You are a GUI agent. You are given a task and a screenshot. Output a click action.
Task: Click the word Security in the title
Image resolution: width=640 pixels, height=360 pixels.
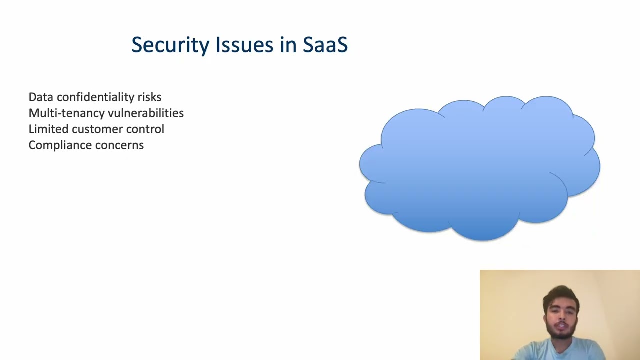(x=170, y=45)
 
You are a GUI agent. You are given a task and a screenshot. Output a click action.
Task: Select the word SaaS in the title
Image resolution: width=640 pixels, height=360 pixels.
(x=325, y=45)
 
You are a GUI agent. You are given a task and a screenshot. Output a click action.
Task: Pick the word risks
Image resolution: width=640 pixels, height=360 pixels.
(x=149, y=97)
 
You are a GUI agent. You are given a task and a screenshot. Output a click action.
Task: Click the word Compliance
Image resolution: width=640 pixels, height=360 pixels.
(x=54, y=145)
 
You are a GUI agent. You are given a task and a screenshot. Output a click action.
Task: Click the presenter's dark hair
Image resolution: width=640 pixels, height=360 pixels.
(x=560, y=294)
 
